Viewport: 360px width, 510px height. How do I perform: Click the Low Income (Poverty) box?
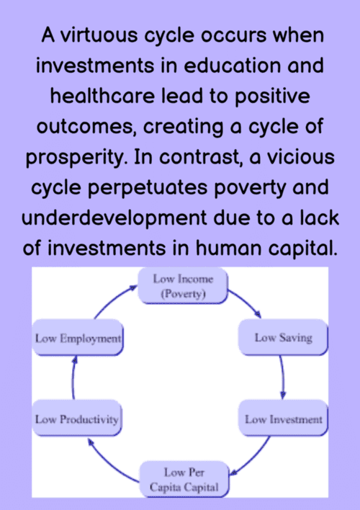point(183,286)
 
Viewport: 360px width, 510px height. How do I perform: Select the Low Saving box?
point(283,337)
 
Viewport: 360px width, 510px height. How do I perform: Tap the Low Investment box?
point(283,419)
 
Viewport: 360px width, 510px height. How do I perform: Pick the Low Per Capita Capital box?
point(184,480)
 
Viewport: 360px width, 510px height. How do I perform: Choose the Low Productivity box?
point(77,419)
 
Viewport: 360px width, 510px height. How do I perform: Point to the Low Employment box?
point(78,338)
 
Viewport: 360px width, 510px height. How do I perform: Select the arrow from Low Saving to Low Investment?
point(283,377)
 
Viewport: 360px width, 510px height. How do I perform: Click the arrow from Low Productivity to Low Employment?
point(73,377)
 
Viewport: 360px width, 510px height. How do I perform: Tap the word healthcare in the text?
point(102,96)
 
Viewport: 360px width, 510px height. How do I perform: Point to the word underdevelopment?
point(114,218)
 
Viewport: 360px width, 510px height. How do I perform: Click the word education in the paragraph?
point(232,66)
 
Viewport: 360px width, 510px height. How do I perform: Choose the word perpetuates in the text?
point(148,189)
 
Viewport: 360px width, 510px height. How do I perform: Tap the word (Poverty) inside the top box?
point(183,294)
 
